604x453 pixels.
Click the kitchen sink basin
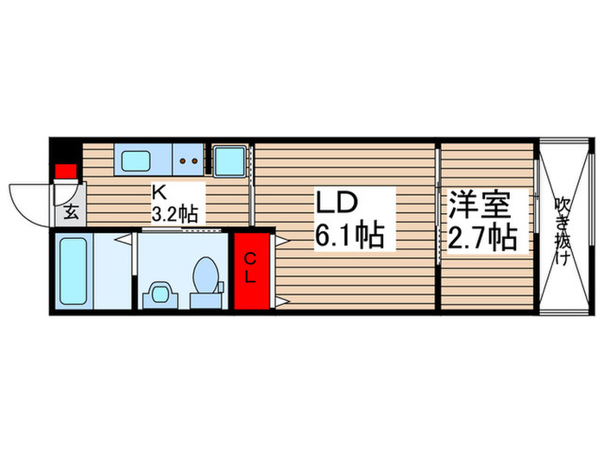point(135,160)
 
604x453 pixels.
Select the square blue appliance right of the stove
point(229,160)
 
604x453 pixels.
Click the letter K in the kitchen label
point(159,192)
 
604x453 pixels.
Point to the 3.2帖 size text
point(175,212)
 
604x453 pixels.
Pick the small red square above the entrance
point(64,171)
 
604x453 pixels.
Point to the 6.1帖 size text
point(349,234)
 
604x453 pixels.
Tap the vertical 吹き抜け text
point(563,230)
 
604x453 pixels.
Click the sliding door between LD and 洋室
point(439,226)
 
